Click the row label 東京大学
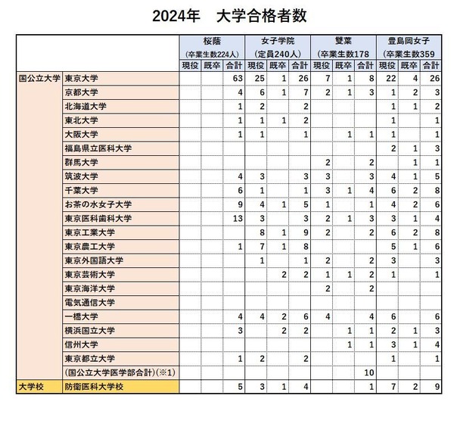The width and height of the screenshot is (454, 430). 82,78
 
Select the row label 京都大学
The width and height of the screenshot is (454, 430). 82,92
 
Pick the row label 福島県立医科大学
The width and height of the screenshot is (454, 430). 98,148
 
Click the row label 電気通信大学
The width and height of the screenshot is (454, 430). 89,302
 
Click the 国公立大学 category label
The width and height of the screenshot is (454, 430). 38,78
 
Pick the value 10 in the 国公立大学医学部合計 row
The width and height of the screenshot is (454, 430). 370,372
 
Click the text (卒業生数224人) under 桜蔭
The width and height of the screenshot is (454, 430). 212,55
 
